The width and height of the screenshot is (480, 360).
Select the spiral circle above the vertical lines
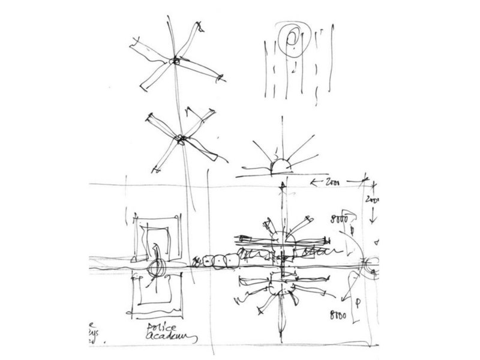(293, 39)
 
